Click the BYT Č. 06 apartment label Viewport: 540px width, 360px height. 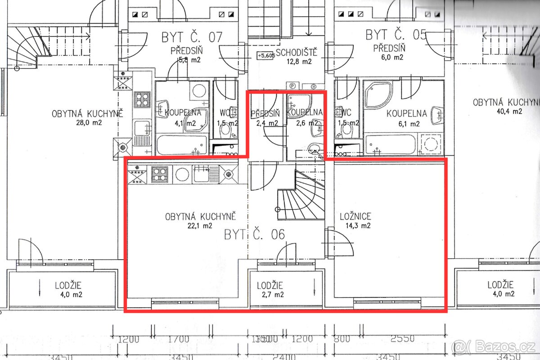(254, 234)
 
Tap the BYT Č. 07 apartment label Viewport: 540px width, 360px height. (192, 37)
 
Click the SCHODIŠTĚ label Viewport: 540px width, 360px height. (297, 53)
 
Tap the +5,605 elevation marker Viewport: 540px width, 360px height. (265, 55)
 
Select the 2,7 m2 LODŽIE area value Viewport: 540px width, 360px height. (270, 295)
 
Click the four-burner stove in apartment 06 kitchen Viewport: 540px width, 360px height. (160, 173)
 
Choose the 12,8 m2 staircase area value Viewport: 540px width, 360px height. (299, 62)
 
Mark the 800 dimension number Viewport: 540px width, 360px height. (342, 339)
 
